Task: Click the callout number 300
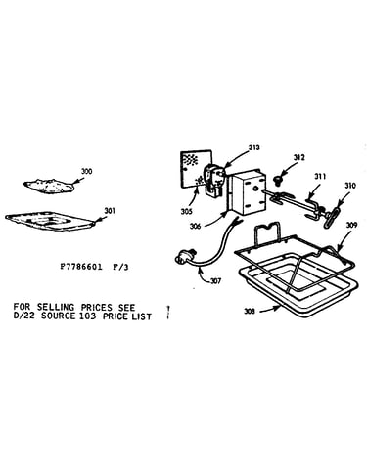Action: pos(86,172)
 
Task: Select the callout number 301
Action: pos(110,211)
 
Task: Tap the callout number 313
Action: pos(253,148)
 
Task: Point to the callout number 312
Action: pos(298,157)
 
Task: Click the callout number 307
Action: pos(215,280)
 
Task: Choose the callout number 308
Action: pos(250,312)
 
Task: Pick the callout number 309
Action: pos(351,225)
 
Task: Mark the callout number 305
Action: pos(186,212)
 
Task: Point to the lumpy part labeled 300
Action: pos(49,186)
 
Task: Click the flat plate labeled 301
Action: pos(51,221)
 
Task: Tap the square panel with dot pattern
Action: pos(195,169)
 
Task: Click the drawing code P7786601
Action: pos(81,267)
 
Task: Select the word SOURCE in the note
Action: pos(58,316)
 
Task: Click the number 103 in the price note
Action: pos(87,316)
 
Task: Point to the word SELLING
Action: pos(56,307)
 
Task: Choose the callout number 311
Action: pos(320,176)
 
